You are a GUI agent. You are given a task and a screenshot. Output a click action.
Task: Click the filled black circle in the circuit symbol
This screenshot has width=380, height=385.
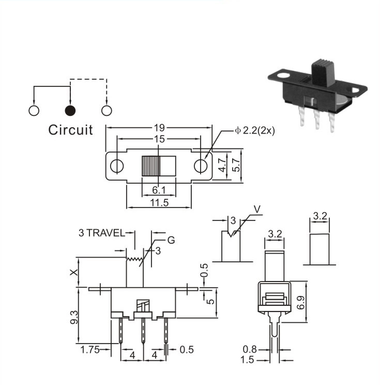(70, 111)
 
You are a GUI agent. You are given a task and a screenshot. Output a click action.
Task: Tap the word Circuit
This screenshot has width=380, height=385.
(71, 130)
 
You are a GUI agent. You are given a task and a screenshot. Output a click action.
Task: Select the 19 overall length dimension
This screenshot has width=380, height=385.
(159, 128)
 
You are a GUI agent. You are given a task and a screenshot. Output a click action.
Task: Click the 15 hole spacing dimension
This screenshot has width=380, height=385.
(159, 139)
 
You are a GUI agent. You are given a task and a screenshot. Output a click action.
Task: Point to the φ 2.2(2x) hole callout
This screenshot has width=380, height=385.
(255, 130)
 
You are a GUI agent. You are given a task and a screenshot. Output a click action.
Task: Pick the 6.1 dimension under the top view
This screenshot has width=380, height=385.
(159, 190)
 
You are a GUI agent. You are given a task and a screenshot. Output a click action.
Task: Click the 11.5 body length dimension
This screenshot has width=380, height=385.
(159, 202)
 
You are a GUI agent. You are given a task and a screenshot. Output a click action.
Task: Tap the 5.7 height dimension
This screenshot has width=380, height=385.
(236, 165)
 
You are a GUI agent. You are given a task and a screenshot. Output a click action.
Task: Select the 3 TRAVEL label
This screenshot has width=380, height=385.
(102, 233)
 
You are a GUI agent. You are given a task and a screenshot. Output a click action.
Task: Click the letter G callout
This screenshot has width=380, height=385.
(171, 240)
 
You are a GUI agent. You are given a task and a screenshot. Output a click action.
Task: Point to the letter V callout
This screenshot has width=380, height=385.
(257, 210)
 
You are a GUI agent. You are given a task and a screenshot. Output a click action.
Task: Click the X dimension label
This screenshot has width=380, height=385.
(74, 272)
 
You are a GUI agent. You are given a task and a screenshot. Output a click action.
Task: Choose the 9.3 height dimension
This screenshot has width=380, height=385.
(74, 317)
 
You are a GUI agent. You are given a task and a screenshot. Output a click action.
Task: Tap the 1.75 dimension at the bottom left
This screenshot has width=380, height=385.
(90, 350)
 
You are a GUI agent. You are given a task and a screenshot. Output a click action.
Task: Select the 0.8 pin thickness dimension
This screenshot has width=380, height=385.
(250, 349)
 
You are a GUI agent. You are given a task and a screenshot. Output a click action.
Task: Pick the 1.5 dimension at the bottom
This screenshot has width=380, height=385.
(247, 360)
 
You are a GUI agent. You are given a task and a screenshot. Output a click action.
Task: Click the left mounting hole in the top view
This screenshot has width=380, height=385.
(117, 166)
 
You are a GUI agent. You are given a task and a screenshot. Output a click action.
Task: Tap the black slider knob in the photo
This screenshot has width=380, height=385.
(323, 72)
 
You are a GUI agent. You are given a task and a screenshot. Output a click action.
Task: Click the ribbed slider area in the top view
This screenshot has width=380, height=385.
(150, 166)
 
